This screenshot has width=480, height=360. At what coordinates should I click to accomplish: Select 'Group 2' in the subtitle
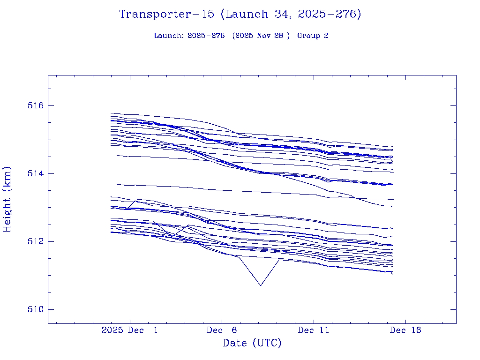[313, 36]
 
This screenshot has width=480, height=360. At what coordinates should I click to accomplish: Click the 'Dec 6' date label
[222, 330]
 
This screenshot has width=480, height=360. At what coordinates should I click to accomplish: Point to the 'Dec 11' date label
[314, 330]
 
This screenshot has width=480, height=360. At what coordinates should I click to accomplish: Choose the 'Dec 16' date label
[405, 330]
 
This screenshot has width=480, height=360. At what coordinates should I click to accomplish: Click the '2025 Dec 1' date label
[130, 330]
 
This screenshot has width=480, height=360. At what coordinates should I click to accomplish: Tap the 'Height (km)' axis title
[7, 199]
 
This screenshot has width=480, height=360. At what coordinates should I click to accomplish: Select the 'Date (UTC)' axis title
[252, 343]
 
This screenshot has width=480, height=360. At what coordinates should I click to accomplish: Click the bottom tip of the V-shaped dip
[261, 285]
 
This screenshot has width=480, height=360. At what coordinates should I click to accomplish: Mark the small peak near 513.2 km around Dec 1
[135, 201]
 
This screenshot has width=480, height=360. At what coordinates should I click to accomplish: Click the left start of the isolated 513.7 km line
[117, 184]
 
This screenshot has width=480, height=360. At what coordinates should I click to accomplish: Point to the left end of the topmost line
[111, 113]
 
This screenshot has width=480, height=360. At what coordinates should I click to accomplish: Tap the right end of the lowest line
[392, 275]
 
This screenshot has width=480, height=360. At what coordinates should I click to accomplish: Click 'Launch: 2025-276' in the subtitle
[189, 36]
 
